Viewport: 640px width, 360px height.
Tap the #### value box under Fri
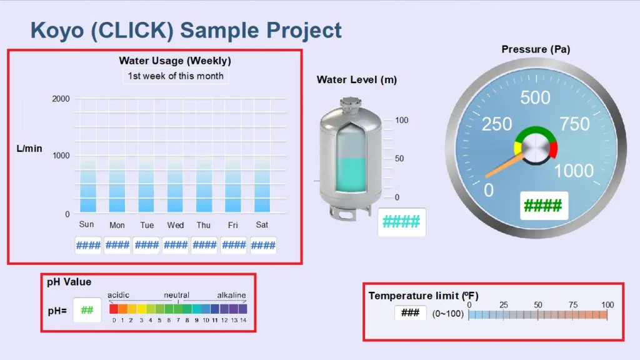pos(234,245)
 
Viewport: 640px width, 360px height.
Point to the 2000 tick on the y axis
pos(61,99)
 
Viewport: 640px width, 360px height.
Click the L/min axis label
pos(29,148)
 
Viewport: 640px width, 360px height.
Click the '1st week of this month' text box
pos(175,76)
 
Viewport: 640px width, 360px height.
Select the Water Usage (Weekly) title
pos(175,61)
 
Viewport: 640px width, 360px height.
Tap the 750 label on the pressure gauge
pos(574,124)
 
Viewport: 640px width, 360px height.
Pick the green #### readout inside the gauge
pos(542,205)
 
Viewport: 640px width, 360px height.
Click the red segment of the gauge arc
pos(553,149)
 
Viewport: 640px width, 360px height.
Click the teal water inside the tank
pos(351,175)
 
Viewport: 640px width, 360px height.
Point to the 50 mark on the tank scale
pos(398,159)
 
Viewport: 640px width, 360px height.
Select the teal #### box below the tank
pos(401,222)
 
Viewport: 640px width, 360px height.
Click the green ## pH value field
pos(87,310)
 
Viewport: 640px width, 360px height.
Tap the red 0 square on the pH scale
pos(114,309)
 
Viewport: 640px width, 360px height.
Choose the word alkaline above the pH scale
pos(231,295)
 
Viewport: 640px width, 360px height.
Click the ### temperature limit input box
pos(410,312)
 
